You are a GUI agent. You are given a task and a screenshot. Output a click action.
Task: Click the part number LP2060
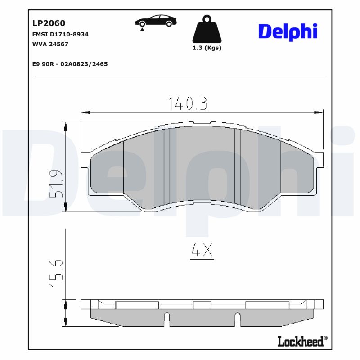click(x=49, y=23)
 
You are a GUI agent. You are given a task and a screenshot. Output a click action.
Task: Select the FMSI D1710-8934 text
click(x=60, y=34)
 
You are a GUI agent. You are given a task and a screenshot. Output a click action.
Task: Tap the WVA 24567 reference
click(x=50, y=44)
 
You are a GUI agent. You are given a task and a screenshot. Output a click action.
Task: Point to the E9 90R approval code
click(x=70, y=64)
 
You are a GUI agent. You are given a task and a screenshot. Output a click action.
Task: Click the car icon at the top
click(x=156, y=21)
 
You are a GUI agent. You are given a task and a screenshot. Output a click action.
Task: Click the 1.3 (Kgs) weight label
click(x=207, y=48)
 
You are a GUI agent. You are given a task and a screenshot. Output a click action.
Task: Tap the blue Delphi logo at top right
click(x=288, y=31)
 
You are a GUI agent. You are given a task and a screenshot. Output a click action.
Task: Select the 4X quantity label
click(x=202, y=251)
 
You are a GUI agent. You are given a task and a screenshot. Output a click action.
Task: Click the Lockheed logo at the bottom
click(x=300, y=342)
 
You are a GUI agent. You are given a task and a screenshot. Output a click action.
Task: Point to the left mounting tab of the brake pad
click(x=85, y=160)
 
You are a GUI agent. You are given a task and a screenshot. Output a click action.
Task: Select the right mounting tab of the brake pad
click(x=319, y=160)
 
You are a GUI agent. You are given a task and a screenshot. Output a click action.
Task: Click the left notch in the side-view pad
click(x=166, y=319)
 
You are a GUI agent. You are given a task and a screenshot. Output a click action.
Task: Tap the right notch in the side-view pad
click(x=237, y=319)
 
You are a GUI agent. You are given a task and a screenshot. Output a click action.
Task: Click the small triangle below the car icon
click(x=142, y=30)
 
